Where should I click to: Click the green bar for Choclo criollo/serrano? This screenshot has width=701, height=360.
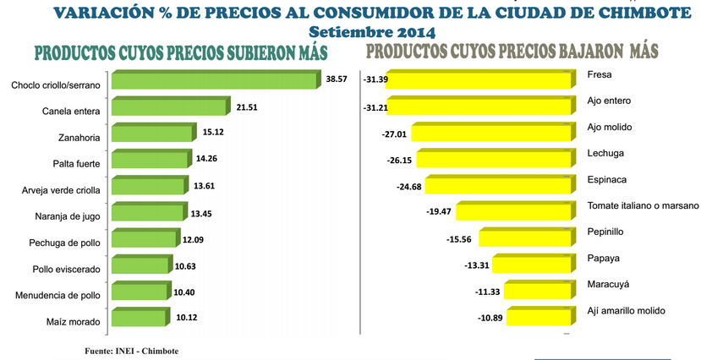pyautogui.click(x=215, y=82)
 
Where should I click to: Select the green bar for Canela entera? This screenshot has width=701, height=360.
pyautogui.click(x=169, y=108)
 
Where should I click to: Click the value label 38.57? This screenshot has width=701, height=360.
pyautogui.click(x=337, y=79)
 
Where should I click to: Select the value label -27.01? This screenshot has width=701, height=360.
pyautogui.click(x=395, y=133)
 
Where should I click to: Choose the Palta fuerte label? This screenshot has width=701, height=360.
pyautogui.click(x=76, y=163)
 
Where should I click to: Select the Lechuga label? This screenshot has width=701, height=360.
pyautogui.click(x=604, y=153)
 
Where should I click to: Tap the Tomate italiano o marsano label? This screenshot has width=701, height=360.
pyautogui.click(x=643, y=206)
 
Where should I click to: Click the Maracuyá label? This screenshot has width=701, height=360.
pyautogui.click(x=606, y=285)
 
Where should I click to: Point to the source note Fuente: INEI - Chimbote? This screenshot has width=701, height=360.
pyautogui.click(x=132, y=350)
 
